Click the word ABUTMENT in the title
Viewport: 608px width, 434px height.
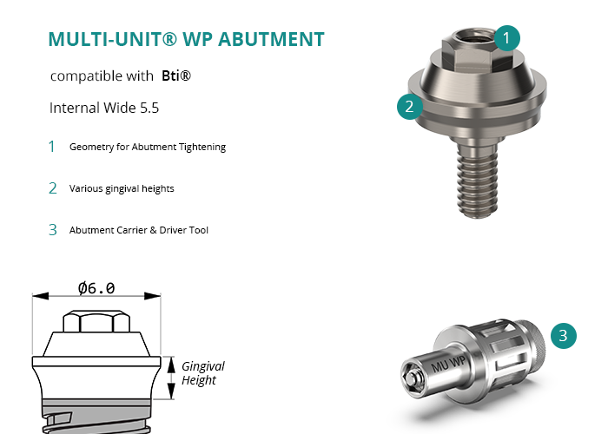click(271, 39)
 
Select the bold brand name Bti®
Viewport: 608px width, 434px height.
click(176, 76)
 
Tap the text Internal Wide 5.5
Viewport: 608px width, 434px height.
click(104, 108)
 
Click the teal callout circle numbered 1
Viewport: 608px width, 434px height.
click(506, 38)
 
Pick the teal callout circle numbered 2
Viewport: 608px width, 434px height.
click(409, 106)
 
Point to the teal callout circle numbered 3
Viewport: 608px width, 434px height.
click(564, 336)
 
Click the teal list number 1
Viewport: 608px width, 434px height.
click(51, 147)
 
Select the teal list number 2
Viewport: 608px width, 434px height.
click(53, 188)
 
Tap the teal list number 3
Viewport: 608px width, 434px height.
click(53, 230)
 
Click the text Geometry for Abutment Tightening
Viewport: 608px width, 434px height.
click(148, 147)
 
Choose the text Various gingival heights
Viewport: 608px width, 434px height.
click(122, 188)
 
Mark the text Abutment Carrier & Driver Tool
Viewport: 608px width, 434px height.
click(139, 230)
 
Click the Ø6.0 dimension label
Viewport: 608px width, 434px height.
click(96, 288)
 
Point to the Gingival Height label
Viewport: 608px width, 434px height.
click(202, 372)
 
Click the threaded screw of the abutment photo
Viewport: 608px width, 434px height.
click(478, 181)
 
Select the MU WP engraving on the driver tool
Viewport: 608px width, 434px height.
click(448, 365)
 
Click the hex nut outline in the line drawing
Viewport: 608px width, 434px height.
click(96, 321)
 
